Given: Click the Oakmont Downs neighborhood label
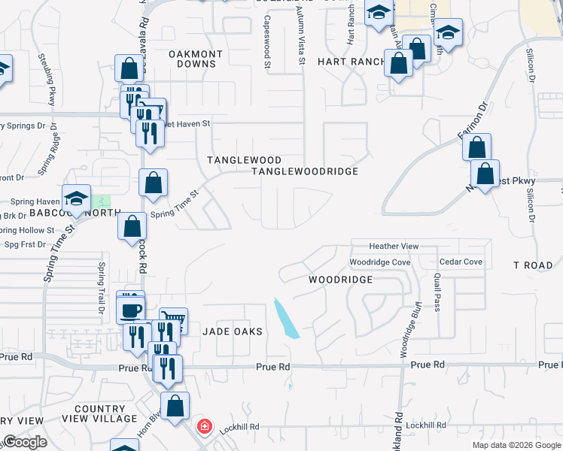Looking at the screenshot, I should coord(195,59).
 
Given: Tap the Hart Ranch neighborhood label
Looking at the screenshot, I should coord(351,62).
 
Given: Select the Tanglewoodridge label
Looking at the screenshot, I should coord(304,171).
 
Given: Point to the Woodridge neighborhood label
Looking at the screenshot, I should coord(340,279).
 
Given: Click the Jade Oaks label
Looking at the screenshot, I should coord(231,331).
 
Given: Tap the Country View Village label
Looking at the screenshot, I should coord(100,413).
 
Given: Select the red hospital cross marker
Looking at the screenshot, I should coord(204,427).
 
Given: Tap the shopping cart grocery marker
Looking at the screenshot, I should coord(174,320).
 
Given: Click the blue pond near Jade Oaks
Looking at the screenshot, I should coord(286,318).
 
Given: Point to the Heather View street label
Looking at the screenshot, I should coord(394,247).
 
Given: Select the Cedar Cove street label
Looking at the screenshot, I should coord(461,262).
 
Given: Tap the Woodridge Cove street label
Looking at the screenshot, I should coord(379,262).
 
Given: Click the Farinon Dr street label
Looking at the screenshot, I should coord(473,121).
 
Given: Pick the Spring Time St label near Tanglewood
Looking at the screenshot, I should coord(174,204).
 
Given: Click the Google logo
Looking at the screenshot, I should coord(25,442).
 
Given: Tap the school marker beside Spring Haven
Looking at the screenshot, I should coord(76,199).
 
